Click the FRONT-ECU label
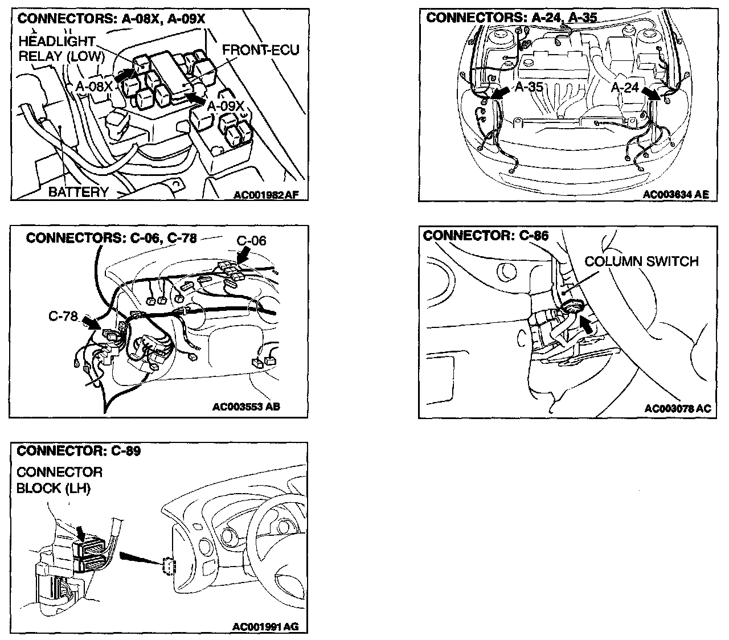(x=260, y=50)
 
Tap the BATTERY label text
(x=78, y=192)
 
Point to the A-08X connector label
(x=94, y=87)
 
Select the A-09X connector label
(x=226, y=106)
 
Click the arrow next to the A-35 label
(x=500, y=92)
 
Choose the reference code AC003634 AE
(x=676, y=194)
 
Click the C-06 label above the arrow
(x=251, y=240)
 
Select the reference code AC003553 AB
(x=246, y=407)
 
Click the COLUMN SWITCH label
(x=641, y=261)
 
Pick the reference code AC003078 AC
(x=678, y=408)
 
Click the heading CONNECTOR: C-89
(x=79, y=451)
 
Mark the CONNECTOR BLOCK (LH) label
(x=59, y=480)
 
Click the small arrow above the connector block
(x=81, y=533)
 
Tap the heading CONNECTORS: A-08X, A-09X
(x=111, y=19)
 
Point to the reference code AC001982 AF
(x=266, y=195)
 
